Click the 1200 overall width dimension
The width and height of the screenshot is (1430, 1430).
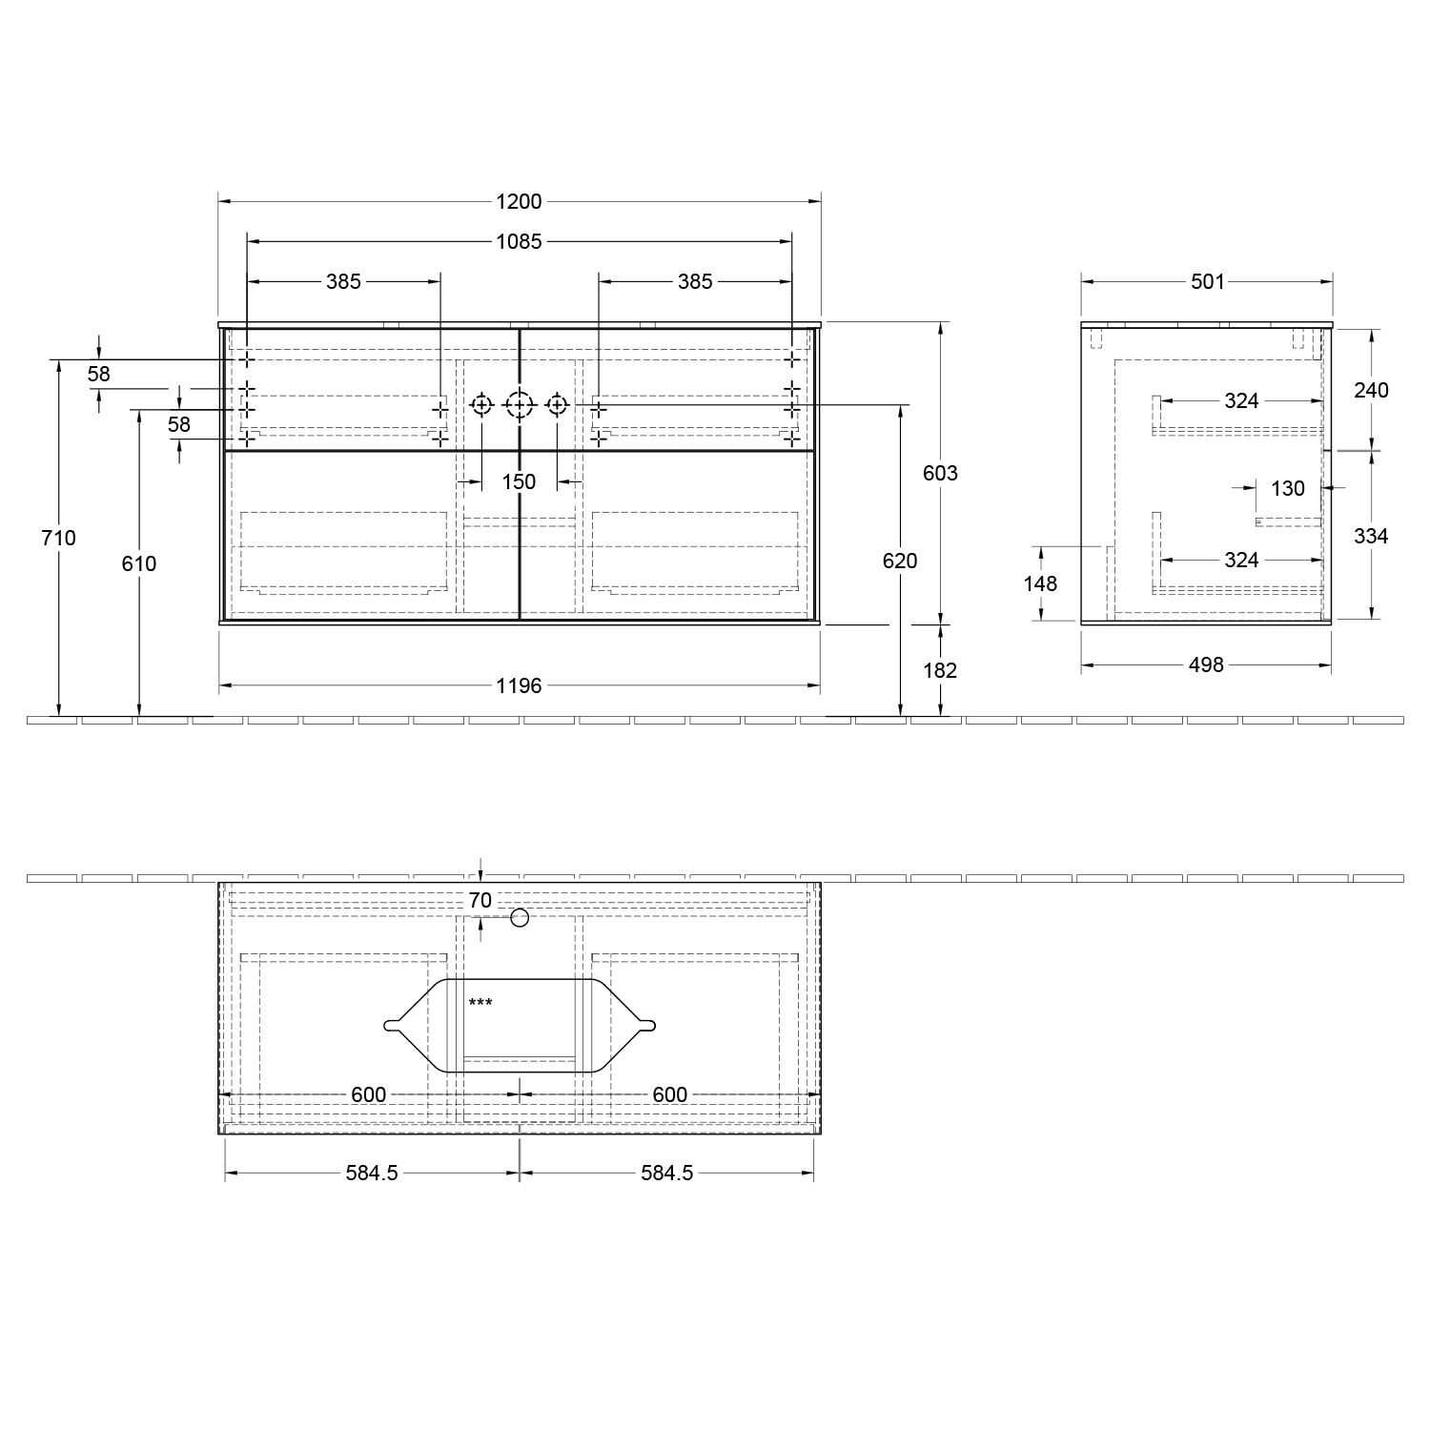(x=519, y=201)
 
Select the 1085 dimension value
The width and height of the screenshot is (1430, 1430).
(x=519, y=241)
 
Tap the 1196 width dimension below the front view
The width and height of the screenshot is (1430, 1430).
(x=519, y=685)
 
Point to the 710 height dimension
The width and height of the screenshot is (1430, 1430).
(x=58, y=538)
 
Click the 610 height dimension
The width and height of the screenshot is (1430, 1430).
(x=139, y=563)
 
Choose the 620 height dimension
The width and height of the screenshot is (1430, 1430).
(x=900, y=561)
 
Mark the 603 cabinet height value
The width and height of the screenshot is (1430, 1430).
(x=940, y=473)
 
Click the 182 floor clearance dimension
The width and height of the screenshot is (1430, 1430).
(x=940, y=670)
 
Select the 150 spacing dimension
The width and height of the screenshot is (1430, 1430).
(x=519, y=481)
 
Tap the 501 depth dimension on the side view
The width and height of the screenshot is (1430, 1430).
(x=1207, y=281)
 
